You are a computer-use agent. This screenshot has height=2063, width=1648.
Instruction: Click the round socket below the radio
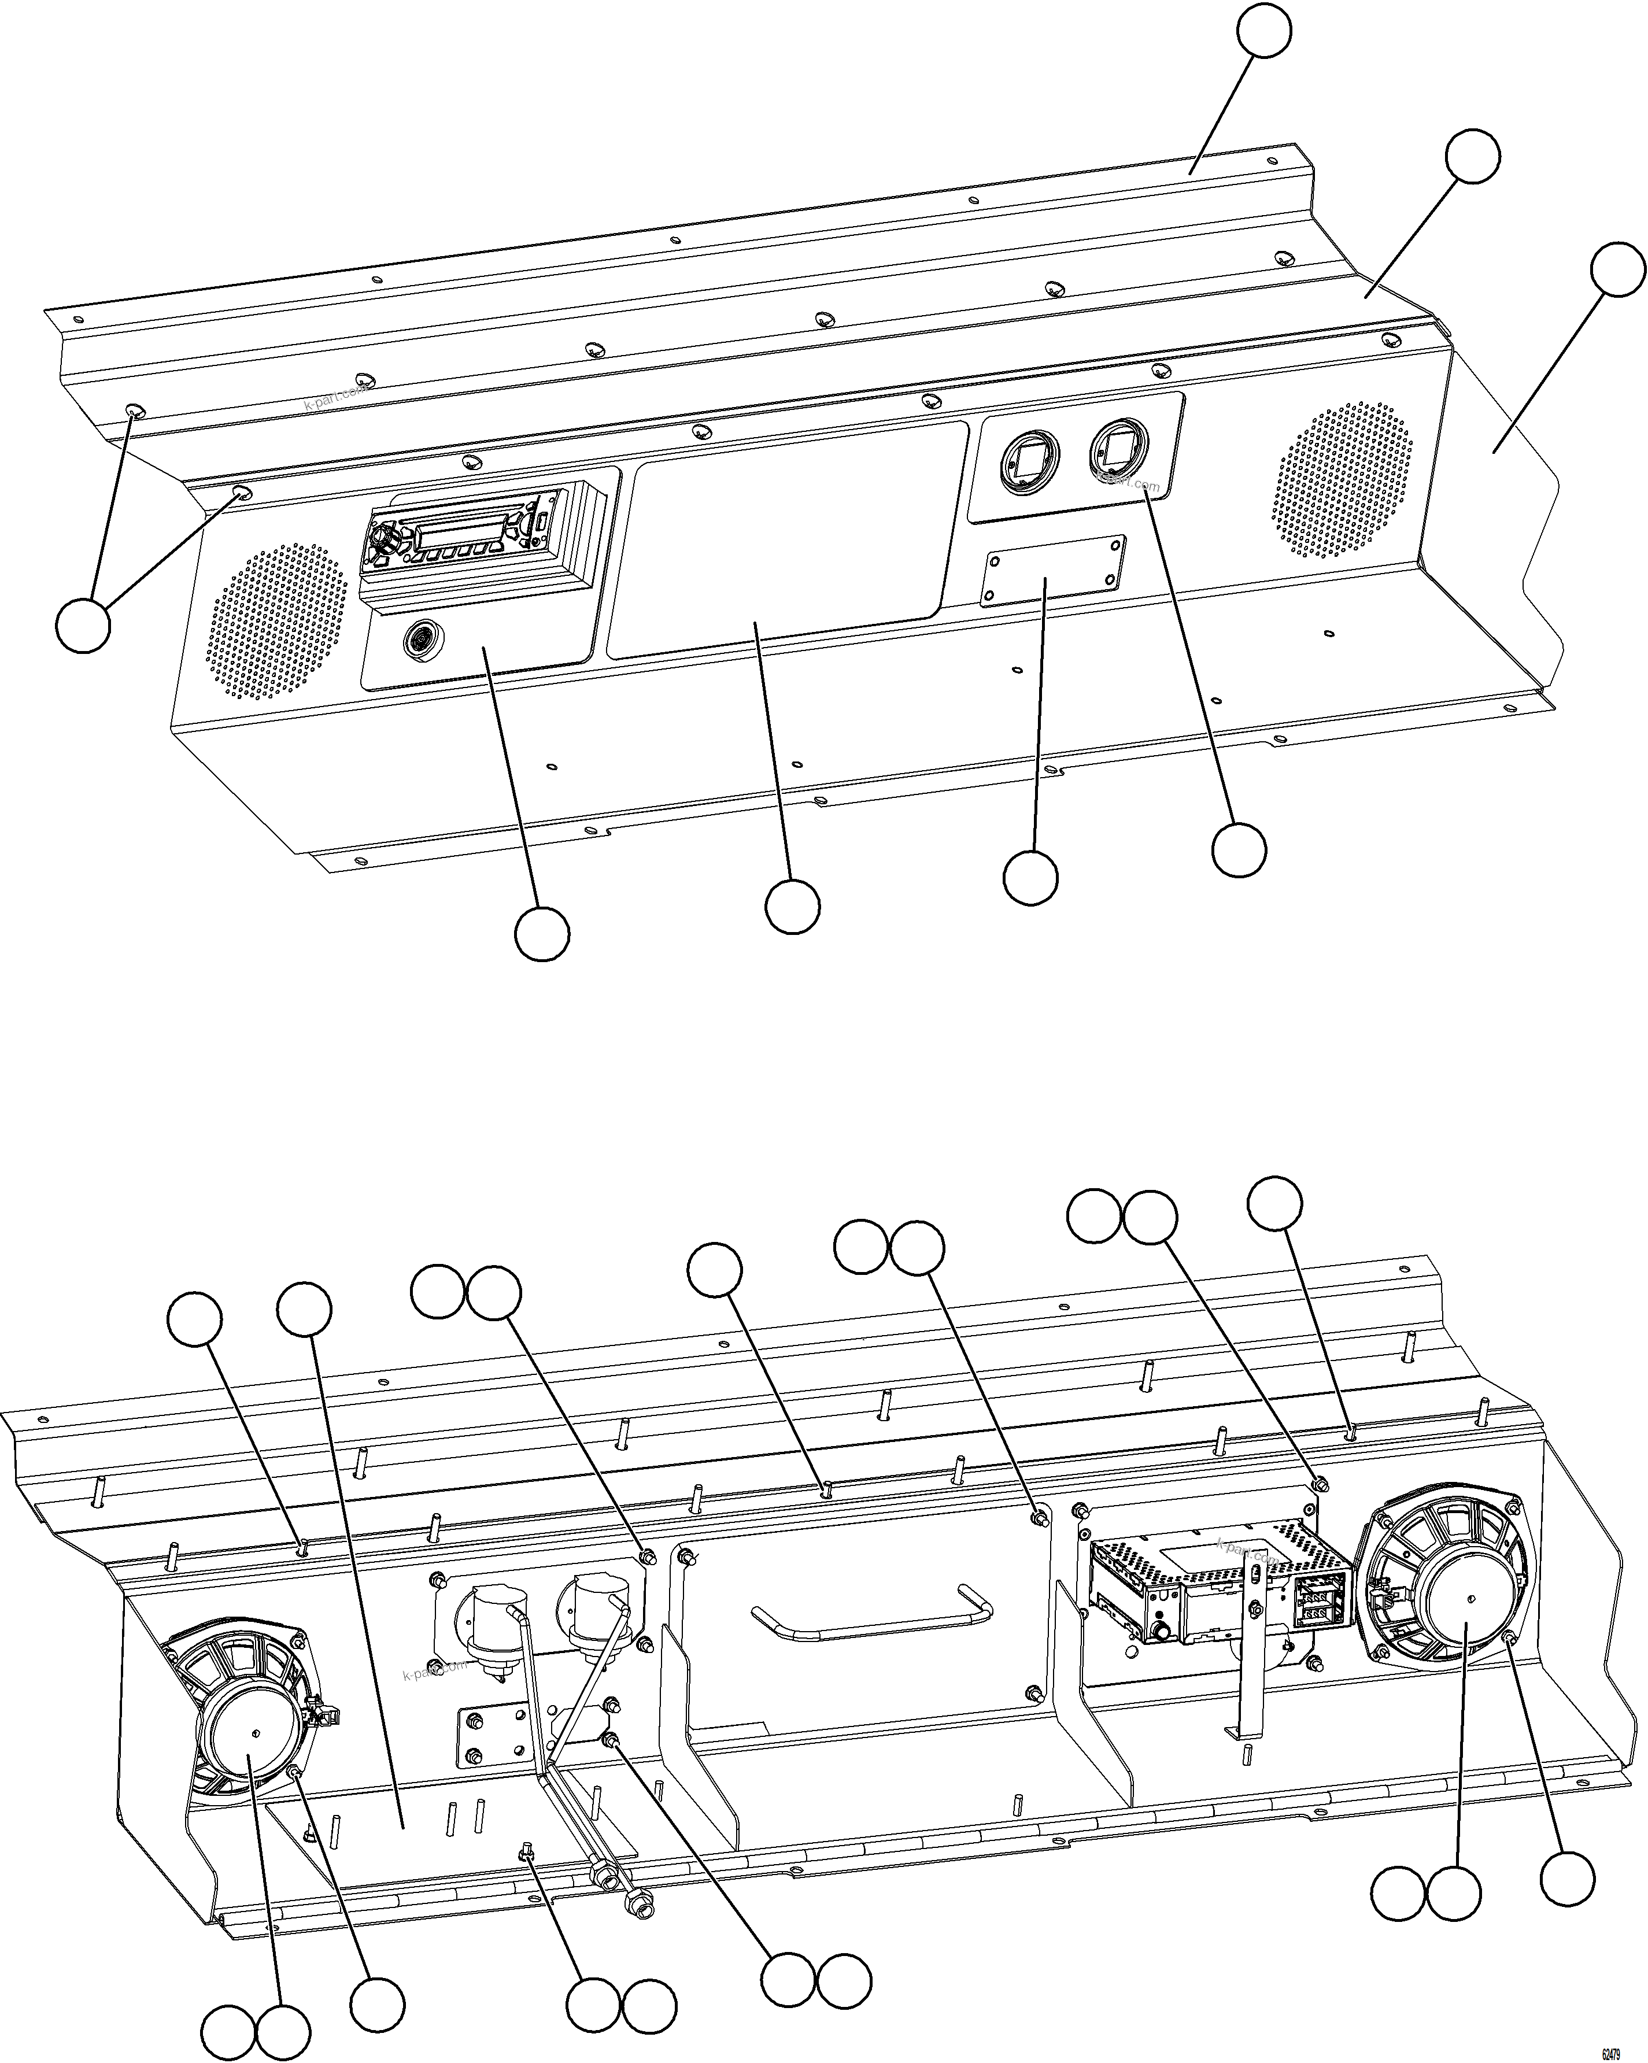tap(420, 638)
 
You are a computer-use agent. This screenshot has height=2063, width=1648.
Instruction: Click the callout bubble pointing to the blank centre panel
tap(792, 906)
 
